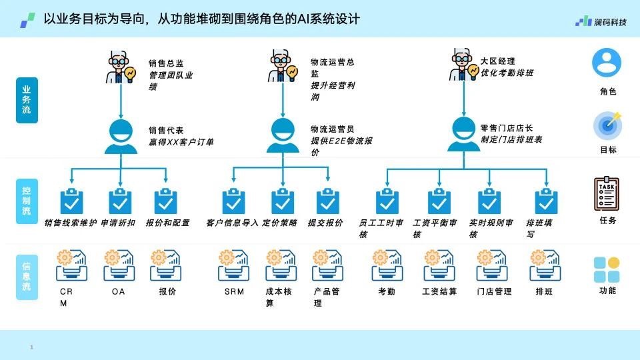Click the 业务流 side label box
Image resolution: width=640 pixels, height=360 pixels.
(27, 100)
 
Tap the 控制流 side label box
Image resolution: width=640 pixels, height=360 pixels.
(27, 201)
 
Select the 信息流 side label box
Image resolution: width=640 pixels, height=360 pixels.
(27, 277)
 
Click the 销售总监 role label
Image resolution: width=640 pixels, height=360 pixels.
(166, 63)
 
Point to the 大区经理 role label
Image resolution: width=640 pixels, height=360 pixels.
(497, 61)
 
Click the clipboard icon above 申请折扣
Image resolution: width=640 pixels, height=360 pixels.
(120, 201)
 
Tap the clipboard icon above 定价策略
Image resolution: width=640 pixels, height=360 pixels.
(283, 201)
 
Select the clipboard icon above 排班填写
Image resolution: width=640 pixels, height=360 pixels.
(546, 201)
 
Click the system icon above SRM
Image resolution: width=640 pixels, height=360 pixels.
(233, 265)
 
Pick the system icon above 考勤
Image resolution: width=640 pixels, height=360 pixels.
(387, 265)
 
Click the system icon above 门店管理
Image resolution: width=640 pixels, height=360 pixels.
(492, 265)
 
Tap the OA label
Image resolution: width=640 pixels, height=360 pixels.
(119, 291)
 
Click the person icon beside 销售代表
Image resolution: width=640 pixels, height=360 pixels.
(121, 137)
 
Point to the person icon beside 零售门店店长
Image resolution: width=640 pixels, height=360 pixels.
(464, 134)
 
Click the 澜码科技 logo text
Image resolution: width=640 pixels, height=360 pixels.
(610, 22)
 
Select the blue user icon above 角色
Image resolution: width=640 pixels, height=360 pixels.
(607, 63)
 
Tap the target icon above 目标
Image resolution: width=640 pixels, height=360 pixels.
(608, 125)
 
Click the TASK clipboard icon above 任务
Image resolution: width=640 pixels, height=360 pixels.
(607, 194)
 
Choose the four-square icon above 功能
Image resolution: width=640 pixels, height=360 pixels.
(607, 269)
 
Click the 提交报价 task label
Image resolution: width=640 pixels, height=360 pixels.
(325, 223)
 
